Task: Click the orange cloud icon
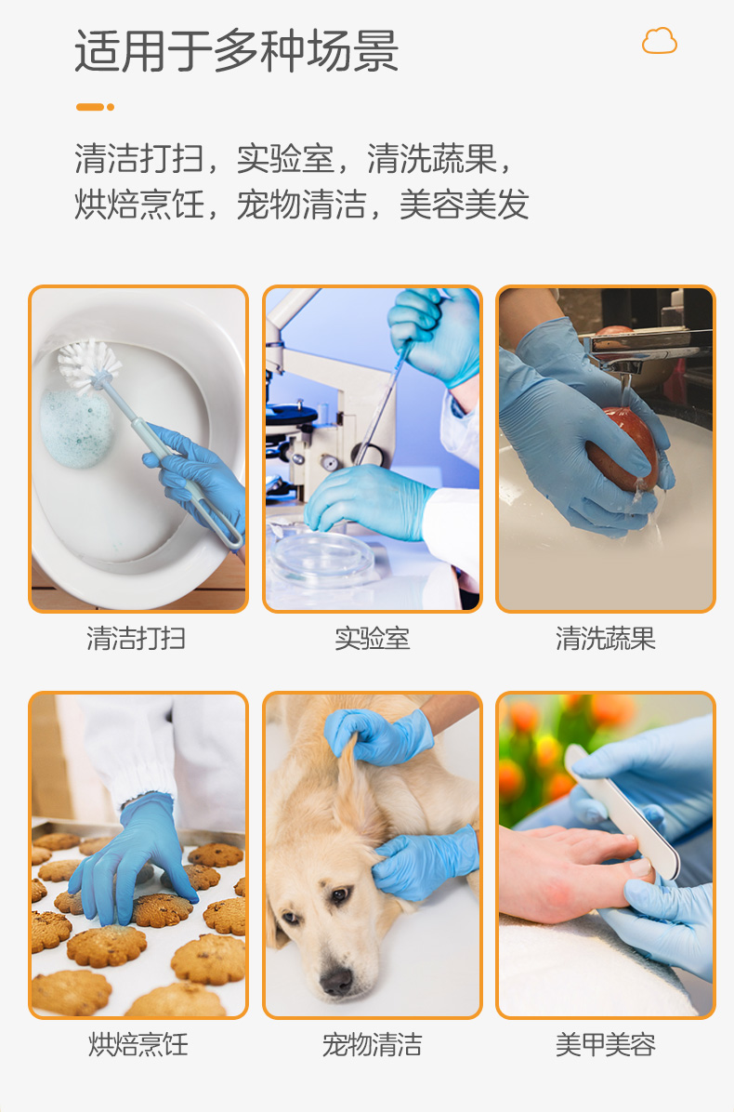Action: [659, 41]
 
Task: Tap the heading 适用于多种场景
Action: [237, 51]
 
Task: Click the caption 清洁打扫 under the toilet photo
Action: [136, 638]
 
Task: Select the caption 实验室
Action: [372, 638]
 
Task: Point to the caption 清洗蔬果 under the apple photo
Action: [605, 638]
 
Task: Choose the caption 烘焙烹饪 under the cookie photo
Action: [138, 1045]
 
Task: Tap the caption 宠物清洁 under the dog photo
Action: [372, 1045]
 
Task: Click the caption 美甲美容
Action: [605, 1045]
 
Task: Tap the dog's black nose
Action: [335, 981]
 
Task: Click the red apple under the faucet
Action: [623, 448]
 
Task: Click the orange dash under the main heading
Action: [95, 107]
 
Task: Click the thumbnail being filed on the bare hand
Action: [640, 866]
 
